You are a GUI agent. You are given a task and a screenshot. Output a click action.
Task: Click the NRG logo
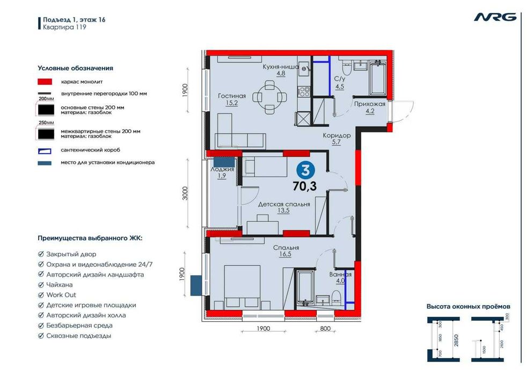pyautogui.click(x=495, y=17)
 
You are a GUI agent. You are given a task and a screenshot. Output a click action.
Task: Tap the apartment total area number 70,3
pyautogui.click(x=304, y=186)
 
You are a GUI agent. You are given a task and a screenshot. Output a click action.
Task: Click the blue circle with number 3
pyautogui.click(x=305, y=170)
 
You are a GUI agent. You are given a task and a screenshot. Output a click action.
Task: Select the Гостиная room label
pyautogui.click(x=232, y=96)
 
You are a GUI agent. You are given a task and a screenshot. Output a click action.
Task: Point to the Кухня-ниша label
pyautogui.click(x=281, y=67)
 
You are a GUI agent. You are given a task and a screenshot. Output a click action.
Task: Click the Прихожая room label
pyautogui.click(x=369, y=104)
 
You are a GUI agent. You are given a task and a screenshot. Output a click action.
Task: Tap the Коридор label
pyautogui.click(x=337, y=135)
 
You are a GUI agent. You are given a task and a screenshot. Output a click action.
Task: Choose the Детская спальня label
pyautogui.click(x=284, y=204)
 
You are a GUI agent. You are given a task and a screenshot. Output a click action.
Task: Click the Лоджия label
pyautogui.click(x=222, y=169)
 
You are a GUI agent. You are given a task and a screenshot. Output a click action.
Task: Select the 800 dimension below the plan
pyautogui.click(x=325, y=328)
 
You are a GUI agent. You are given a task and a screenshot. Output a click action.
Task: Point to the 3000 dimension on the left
pyautogui.click(x=185, y=193)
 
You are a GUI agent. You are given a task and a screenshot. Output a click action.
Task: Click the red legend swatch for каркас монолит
pyautogui.click(x=45, y=82)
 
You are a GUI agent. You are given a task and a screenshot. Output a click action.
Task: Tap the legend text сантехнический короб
pyautogui.click(x=91, y=150)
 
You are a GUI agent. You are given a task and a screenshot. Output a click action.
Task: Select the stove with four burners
pyautogui.click(x=304, y=91)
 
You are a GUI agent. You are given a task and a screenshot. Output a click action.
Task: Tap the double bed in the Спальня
pyautogui.click(x=242, y=287)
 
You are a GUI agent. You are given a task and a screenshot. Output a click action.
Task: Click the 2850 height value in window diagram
pyautogui.click(x=456, y=340)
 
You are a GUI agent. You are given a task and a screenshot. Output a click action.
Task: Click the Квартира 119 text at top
pyautogui.click(x=64, y=27)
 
